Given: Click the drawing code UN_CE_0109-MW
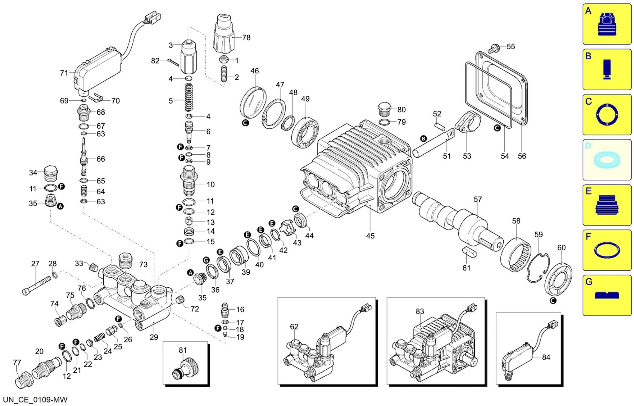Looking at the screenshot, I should click(35, 400).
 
